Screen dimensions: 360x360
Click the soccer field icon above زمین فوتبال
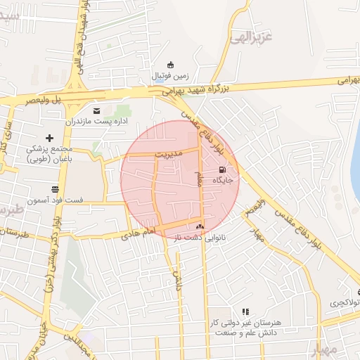(x=170, y=65)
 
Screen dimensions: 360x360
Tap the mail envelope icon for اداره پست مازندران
(x=97, y=110)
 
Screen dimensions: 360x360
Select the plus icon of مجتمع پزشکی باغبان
(x=49, y=138)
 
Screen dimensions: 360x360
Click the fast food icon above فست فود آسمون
(x=55, y=188)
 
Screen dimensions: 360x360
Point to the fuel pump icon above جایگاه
(x=223, y=169)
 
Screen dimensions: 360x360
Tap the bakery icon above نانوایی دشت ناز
(x=200, y=226)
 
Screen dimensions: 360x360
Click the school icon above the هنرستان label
(x=245, y=311)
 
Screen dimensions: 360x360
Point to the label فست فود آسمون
(x=56, y=200)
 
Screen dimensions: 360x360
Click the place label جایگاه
(x=226, y=179)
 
